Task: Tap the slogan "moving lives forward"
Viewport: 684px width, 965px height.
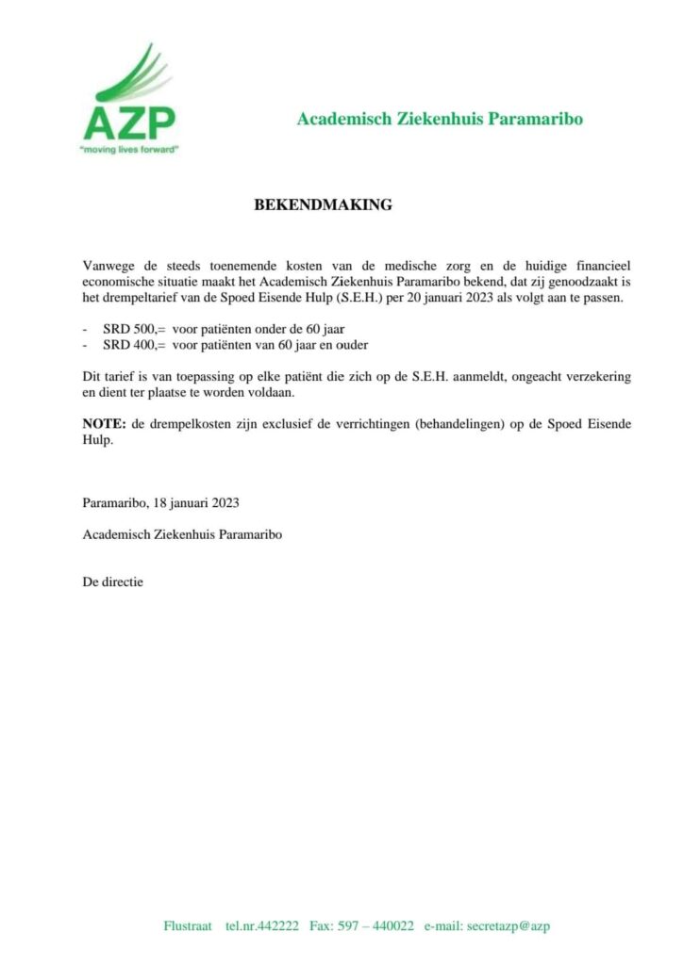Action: [x=128, y=149]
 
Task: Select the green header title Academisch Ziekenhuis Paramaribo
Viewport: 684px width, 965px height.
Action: [x=440, y=119]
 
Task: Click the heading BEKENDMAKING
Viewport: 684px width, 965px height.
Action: [x=324, y=204]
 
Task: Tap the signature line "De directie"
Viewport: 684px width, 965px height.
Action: [x=113, y=582]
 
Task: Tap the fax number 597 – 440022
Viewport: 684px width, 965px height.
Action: [x=375, y=925]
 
